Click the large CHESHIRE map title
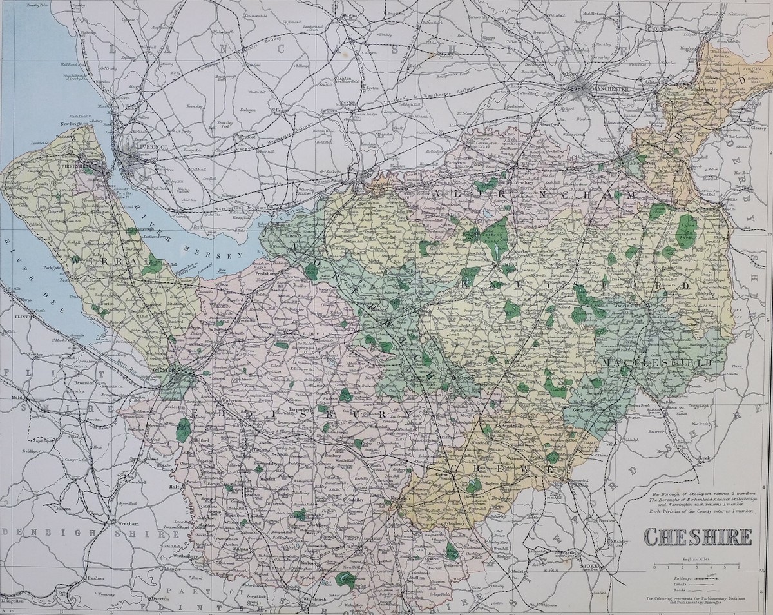[x=698, y=536]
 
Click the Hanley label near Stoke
[x=603, y=541]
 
